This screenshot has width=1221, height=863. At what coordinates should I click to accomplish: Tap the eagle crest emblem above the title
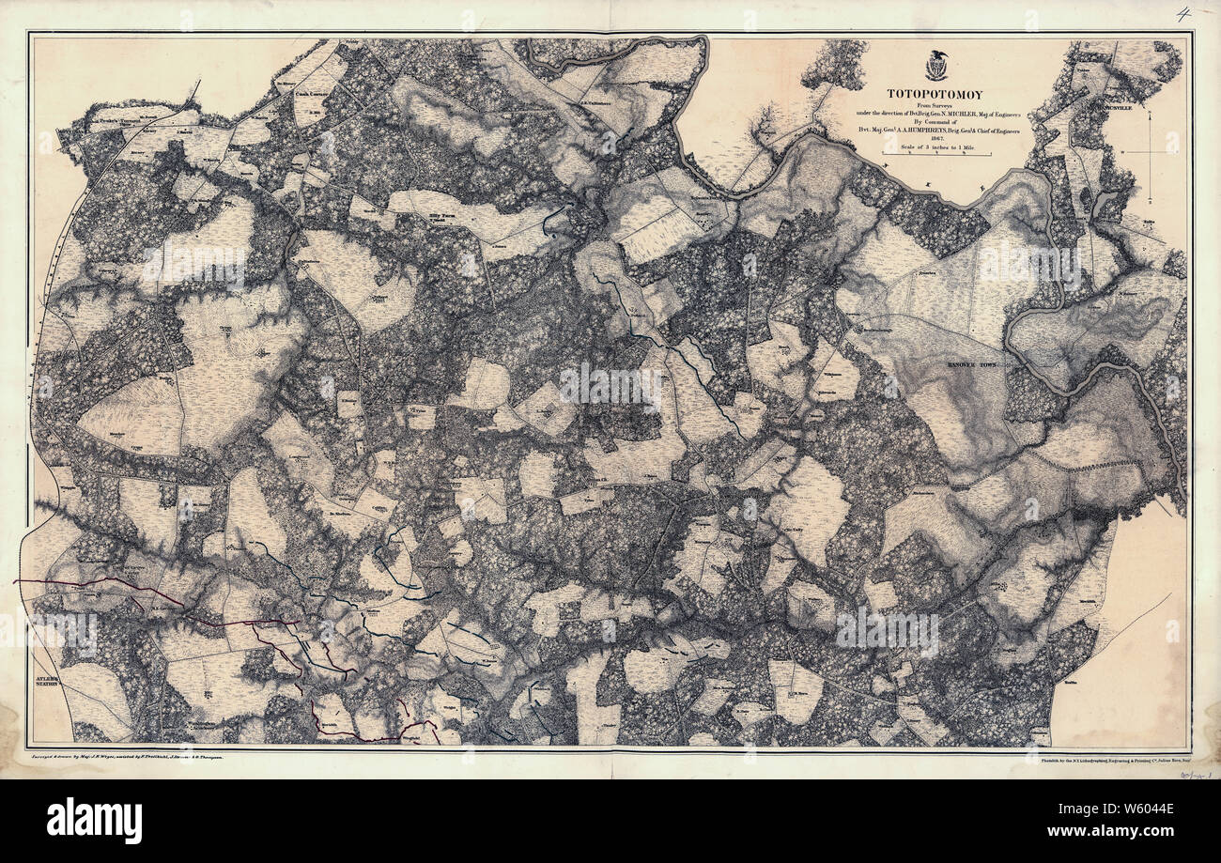(935, 66)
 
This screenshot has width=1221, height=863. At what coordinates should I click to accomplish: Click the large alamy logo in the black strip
(94, 820)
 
